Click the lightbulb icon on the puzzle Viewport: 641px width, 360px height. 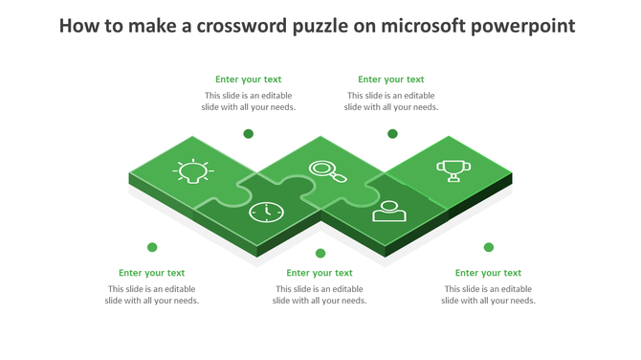193,171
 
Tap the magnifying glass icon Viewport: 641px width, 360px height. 327,171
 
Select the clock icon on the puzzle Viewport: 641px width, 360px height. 266,211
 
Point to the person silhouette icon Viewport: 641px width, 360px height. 388,211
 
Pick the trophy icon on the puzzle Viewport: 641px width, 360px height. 453,170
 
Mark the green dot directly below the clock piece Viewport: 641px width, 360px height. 320,254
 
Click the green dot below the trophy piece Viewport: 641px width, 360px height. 489,247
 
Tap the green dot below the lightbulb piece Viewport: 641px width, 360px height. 152,247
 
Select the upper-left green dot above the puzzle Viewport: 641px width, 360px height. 249,134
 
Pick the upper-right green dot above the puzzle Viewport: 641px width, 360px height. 392,134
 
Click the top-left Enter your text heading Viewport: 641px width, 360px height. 249,79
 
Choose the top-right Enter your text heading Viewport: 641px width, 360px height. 391,79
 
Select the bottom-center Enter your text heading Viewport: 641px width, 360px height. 320,273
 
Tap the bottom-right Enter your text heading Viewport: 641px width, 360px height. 488,273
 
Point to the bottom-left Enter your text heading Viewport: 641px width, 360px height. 152,273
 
